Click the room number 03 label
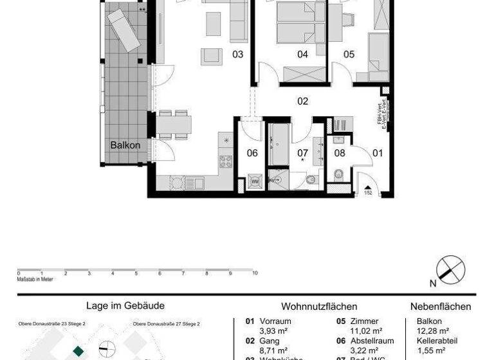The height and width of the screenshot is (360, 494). tap(238, 55)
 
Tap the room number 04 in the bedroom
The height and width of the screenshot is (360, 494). tap(302, 55)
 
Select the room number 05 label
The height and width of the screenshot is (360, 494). tap(349, 55)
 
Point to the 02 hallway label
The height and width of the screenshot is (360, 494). tap(302, 101)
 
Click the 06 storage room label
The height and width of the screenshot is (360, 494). tap(252, 153)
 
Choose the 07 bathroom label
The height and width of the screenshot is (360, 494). tap(302, 153)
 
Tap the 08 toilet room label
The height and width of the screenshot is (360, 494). tap(340, 153)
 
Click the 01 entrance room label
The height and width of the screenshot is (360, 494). tap(378, 153)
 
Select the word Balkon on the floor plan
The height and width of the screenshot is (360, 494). tap(125, 145)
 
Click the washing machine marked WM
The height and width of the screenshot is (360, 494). tap(255, 182)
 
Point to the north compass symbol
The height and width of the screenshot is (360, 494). tap(450, 269)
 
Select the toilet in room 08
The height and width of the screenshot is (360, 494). tap(338, 174)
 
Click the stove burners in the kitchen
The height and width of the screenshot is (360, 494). tap(226, 161)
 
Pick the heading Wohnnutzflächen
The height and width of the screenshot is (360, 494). tap(319, 307)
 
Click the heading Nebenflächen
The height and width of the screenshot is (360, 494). tap(441, 307)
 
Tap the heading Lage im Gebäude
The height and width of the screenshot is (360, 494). tap(125, 306)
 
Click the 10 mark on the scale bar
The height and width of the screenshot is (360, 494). tap(255, 273)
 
